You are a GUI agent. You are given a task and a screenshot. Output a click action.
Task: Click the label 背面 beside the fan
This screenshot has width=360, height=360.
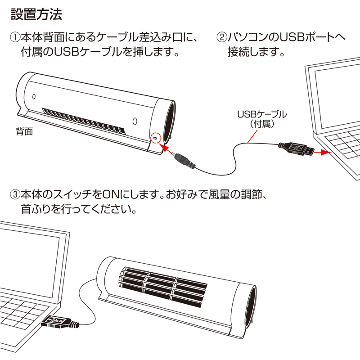click(25, 132)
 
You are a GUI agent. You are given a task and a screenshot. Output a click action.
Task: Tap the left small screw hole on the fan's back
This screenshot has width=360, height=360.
click(34, 97)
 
